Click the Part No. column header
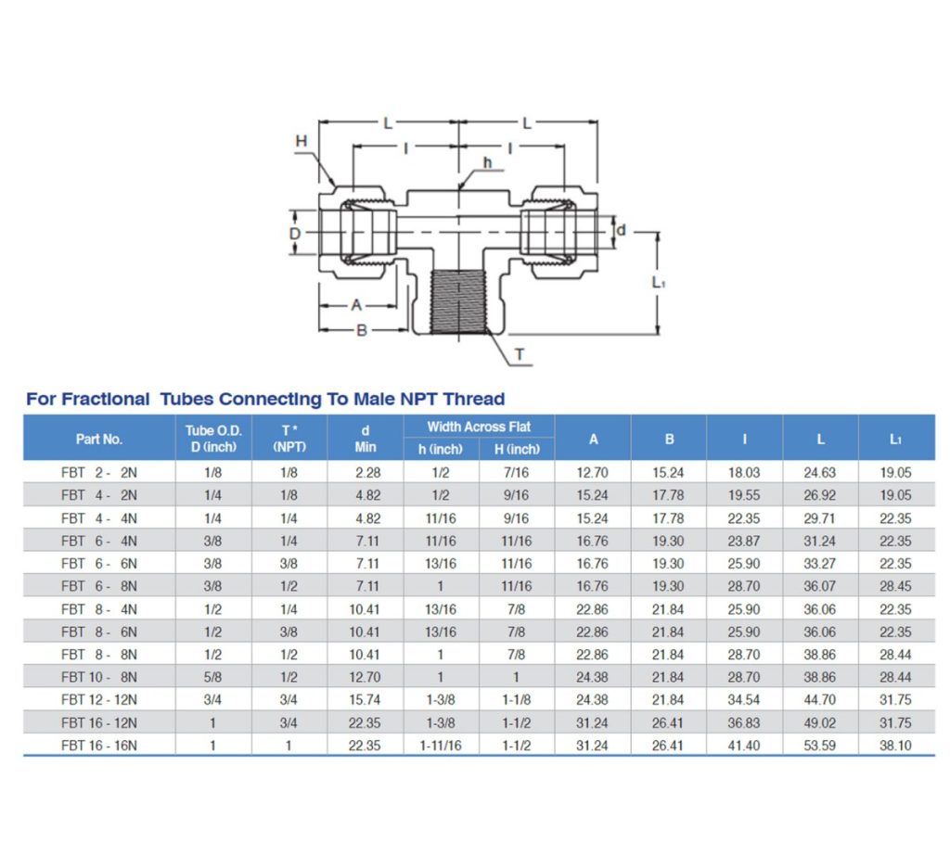click(x=99, y=439)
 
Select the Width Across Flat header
click(x=479, y=427)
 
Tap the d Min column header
click(x=366, y=439)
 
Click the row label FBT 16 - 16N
click(x=99, y=745)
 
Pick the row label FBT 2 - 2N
click(x=99, y=472)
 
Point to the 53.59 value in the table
click(x=820, y=745)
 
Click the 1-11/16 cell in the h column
click(x=441, y=745)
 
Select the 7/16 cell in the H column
click(x=516, y=472)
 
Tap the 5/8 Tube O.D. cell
click(x=212, y=677)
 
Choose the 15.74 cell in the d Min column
click(x=366, y=699)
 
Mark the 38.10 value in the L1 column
click(x=895, y=745)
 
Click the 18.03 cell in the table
click(x=744, y=472)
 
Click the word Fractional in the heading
click(x=104, y=399)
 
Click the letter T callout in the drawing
click(x=519, y=355)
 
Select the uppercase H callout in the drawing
click(x=301, y=140)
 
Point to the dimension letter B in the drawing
click(x=362, y=331)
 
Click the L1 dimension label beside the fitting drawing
click(x=658, y=282)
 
